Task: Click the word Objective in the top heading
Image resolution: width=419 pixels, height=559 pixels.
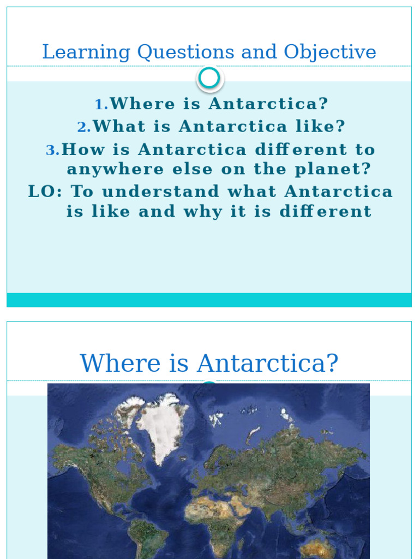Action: click(330, 52)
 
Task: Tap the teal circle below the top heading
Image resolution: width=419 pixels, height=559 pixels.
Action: click(209, 79)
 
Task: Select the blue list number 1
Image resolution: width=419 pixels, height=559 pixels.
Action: click(100, 104)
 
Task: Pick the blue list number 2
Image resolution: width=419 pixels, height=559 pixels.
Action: click(83, 127)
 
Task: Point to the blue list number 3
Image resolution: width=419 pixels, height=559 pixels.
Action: click(52, 150)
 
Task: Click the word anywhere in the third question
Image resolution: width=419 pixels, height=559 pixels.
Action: click(115, 169)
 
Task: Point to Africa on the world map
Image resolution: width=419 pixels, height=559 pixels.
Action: click(218, 519)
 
